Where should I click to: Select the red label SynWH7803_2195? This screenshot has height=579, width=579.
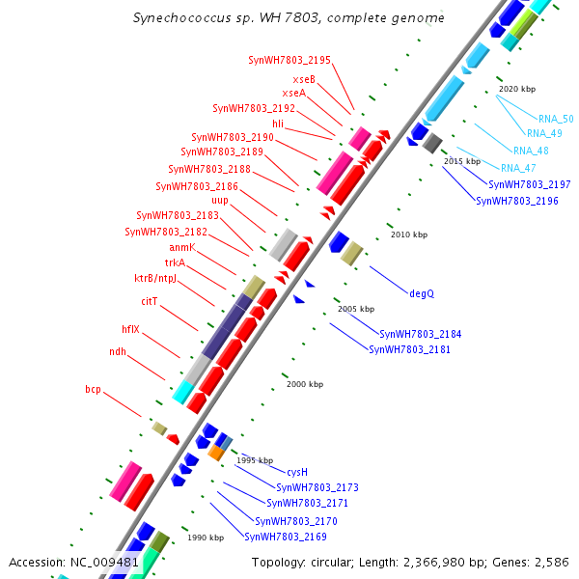tap(289, 60)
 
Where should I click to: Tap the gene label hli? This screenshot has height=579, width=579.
tap(278, 124)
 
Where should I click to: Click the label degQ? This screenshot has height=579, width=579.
tap(422, 292)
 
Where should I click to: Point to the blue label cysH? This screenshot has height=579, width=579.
tap(297, 472)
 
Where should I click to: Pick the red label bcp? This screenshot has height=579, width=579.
tap(93, 390)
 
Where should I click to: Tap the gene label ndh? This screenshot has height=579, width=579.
tap(118, 352)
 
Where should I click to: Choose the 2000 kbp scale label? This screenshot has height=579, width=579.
tap(305, 384)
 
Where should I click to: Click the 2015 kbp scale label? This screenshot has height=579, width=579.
tap(461, 161)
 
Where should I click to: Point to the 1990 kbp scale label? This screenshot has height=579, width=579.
tap(206, 538)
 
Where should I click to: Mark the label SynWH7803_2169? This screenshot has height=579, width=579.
tap(286, 537)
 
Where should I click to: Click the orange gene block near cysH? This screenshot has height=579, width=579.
tap(217, 452)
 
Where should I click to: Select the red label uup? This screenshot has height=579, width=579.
tap(220, 201)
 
